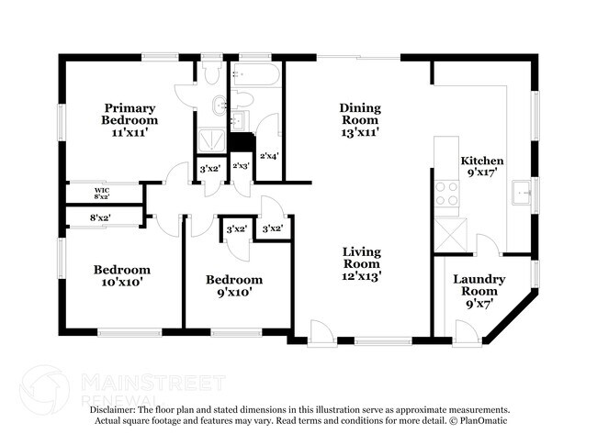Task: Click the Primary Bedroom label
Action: pyautogui.click(x=130, y=114)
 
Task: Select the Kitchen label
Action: pyautogui.click(x=482, y=160)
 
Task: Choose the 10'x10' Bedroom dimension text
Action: pyautogui.click(x=122, y=283)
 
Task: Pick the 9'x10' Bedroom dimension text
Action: pyautogui.click(x=233, y=293)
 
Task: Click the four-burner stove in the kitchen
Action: pyautogui.click(x=446, y=195)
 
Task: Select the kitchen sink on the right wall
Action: pyautogui.click(x=524, y=194)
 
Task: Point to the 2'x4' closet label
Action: pyautogui.click(x=269, y=156)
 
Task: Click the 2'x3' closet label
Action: pyautogui.click(x=241, y=166)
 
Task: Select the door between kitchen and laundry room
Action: pyautogui.click(x=487, y=245)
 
